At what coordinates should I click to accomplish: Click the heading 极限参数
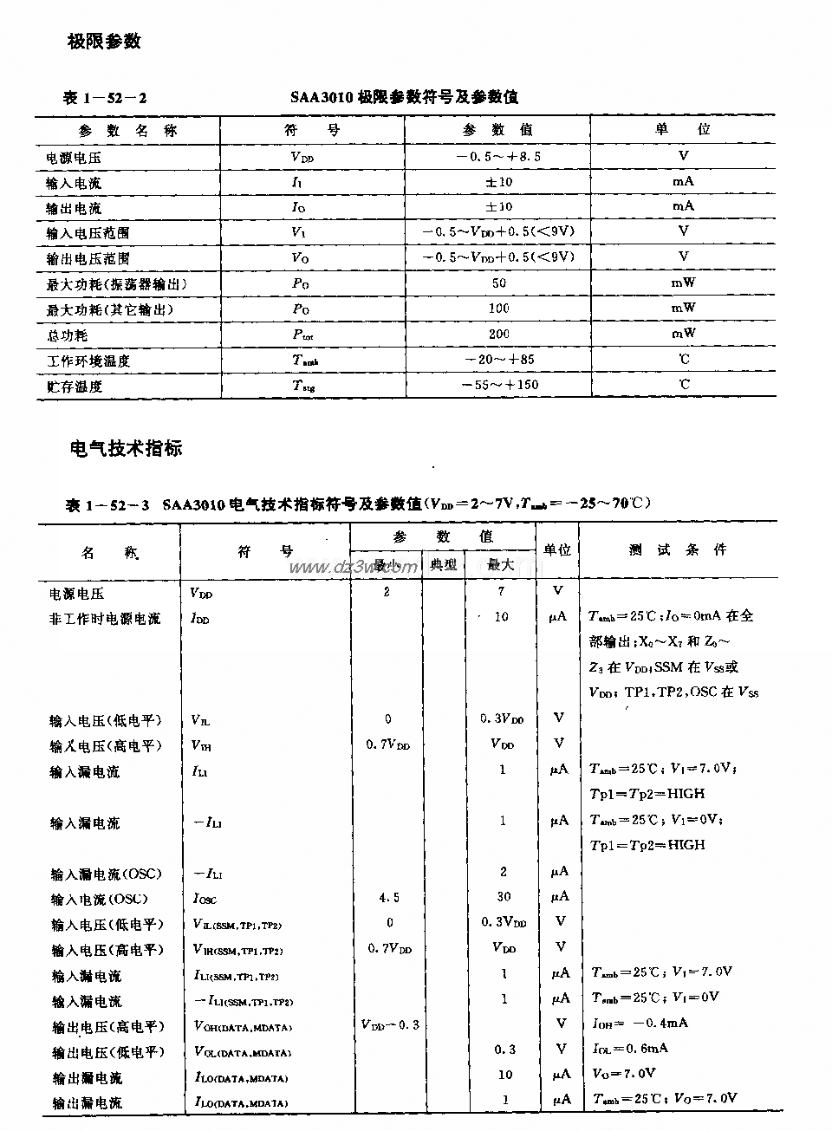tap(104, 41)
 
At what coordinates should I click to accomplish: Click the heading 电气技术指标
tap(126, 448)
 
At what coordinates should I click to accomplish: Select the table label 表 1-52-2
tap(105, 97)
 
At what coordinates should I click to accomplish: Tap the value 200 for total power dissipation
tap(498, 334)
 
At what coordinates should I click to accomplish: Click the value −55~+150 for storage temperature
tap(498, 385)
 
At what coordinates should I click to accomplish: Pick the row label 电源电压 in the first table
tap(74, 158)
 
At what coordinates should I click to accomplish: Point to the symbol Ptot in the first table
tap(303, 335)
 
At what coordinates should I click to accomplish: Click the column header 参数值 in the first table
tap(497, 130)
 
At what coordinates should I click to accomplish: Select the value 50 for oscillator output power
tap(498, 283)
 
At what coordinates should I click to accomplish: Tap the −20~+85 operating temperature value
tap(498, 359)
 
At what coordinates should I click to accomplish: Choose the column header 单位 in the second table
tap(557, 549)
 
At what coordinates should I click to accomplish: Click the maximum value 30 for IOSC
tap(504, 897)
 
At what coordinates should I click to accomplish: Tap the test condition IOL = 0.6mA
tap(630, 1048)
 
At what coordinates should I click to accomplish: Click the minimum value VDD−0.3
tap(390, 1024)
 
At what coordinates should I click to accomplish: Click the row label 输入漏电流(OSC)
tap(106, 874)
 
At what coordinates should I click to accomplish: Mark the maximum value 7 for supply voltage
tap(501, 592)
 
